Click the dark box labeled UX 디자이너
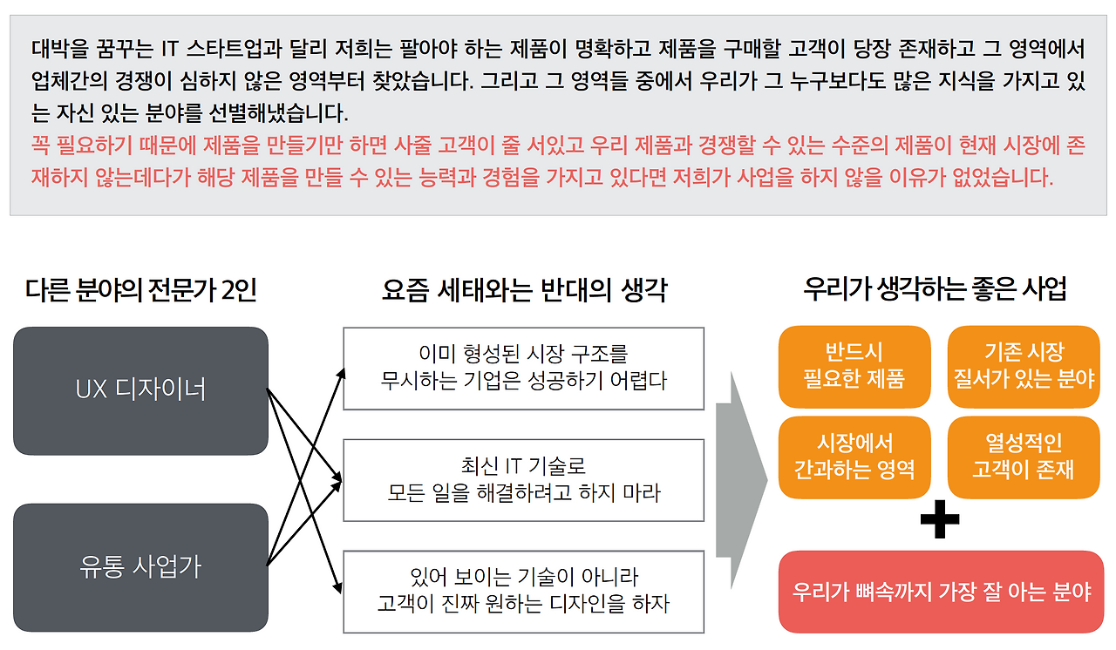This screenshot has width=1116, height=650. point(140,390)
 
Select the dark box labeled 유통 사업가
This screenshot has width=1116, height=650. point(140,567)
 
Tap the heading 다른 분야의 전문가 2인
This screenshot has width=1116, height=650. point(141,289)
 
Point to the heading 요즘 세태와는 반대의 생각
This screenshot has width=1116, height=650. point(524,289)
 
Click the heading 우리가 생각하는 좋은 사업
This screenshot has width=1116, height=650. point(935,289)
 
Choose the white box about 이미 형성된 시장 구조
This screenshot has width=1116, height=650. point(523,368)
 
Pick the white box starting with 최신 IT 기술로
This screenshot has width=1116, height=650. point(523,480)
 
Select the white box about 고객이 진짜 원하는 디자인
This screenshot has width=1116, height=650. point(523,591)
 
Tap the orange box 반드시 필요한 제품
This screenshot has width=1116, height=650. point(854,366)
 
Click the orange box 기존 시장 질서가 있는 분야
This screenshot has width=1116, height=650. point(1024,366)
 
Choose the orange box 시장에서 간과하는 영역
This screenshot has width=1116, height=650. point(854,457)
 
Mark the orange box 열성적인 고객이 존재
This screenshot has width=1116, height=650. point(1024,457)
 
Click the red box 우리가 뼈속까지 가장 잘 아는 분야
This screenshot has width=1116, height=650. point(942,592)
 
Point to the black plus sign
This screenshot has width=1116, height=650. point(940,520)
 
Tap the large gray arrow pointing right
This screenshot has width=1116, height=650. point(741,478)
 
